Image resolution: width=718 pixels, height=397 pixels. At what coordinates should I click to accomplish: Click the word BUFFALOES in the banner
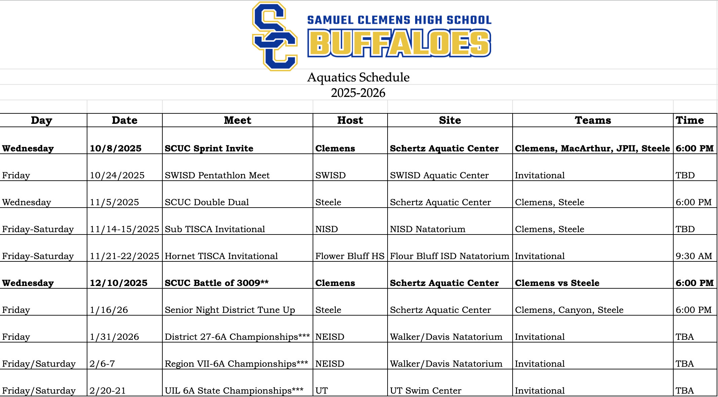tap(399, 43)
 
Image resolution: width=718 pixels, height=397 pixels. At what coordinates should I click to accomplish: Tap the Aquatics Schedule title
tap(358, 77)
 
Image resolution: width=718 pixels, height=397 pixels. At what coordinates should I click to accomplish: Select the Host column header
tap(350, 120)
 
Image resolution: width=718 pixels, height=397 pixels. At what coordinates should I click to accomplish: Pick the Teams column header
tap(593, 120)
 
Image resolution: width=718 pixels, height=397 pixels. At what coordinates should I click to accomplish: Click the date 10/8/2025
tap(116, 148)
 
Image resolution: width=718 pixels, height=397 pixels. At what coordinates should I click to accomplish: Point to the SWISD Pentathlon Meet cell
tap(217, 175)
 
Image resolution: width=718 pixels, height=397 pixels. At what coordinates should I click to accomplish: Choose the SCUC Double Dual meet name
tap(207, 202)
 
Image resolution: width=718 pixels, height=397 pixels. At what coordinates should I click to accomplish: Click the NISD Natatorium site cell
tap(428, 229)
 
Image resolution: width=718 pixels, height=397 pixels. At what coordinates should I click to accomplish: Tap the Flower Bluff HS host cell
tap(350, 256)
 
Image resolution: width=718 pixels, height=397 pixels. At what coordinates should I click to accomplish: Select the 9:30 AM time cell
tap(694, 256)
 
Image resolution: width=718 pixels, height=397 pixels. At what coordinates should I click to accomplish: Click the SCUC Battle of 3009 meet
tap(216, 283)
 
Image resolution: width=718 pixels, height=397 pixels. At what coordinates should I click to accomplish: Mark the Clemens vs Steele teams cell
tap(557, 283)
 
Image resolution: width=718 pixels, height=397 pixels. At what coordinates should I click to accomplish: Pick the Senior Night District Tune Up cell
tap(230, 310)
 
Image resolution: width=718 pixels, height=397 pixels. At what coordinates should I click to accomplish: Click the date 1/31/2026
tap(114, 337)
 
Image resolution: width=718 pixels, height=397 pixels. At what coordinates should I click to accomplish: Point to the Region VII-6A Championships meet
tap(236, 364)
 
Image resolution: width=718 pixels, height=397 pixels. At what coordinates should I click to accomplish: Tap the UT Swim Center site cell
tap(426, 391)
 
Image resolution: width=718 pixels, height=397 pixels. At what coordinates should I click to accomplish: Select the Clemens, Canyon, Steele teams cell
tap(569, 310)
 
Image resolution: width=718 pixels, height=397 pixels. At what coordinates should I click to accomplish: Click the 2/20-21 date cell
tap(108, 391)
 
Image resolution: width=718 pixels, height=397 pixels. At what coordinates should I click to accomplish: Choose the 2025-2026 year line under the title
tap(358, 93)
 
